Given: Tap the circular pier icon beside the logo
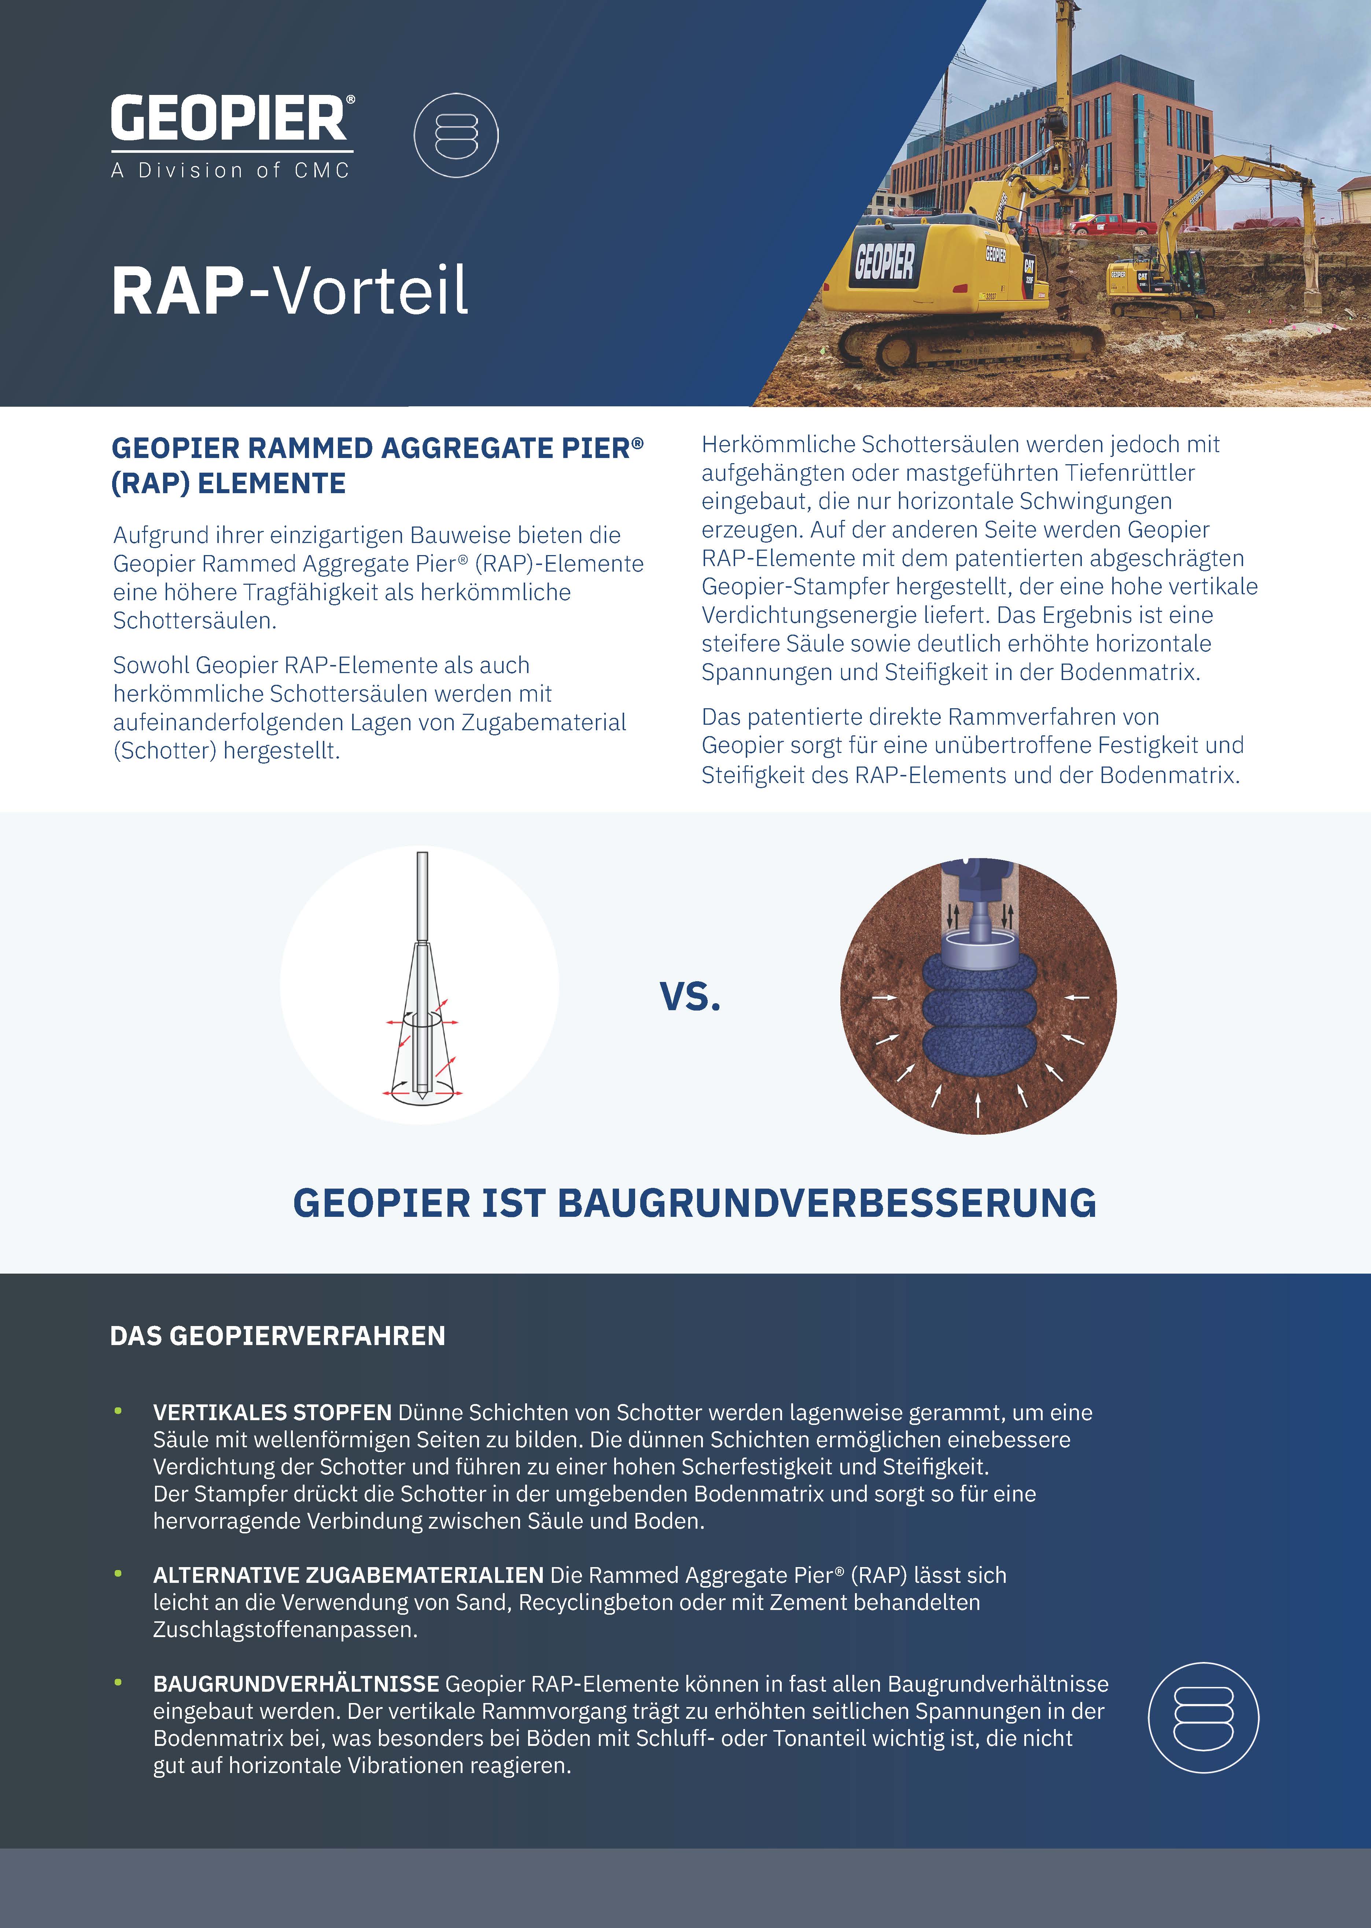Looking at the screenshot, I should tap(456, 135).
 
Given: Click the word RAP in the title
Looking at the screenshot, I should tap(177, 291).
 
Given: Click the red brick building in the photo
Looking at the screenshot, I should tap(1055, 144).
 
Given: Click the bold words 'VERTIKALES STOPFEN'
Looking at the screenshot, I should tap(272, 1412).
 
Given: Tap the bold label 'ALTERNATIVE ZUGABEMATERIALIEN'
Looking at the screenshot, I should tap(348, 1575).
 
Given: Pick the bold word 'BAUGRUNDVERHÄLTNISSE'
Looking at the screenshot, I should tap(295, 1684).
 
